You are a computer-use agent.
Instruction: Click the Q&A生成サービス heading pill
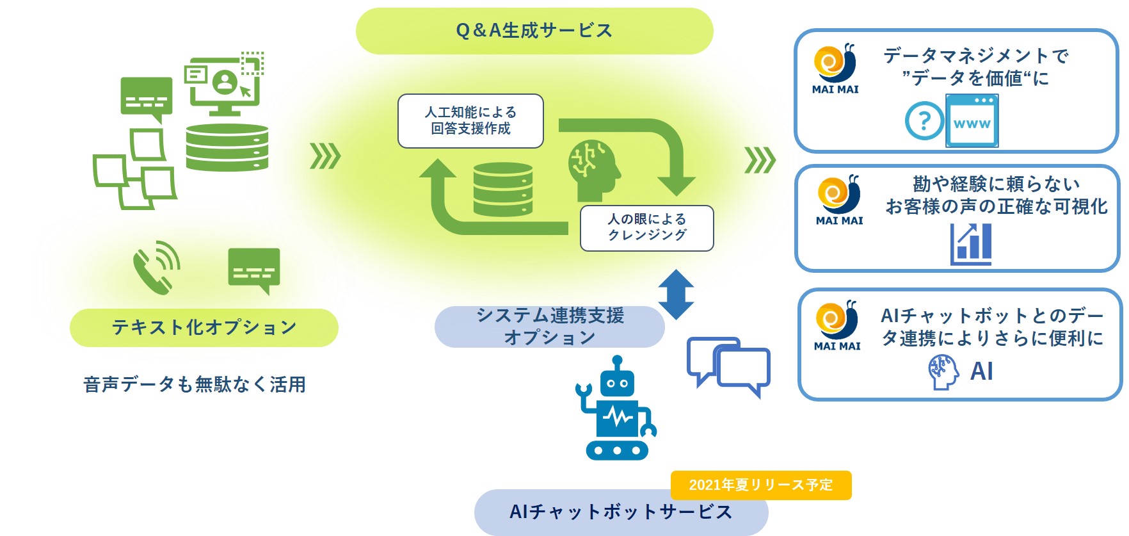tap(534, 31)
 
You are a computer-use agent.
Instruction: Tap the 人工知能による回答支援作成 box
tap(470, 121)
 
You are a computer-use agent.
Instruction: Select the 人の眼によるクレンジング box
tap(646, 228)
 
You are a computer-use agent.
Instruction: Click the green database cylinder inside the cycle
tap(503, 190)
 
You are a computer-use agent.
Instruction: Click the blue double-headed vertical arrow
tap(677, 295)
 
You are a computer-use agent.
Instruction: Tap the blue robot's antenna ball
tap(617, 361)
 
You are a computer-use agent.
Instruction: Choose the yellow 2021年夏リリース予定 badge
tap(760, 485)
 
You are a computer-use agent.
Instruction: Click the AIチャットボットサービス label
tap(620, 512)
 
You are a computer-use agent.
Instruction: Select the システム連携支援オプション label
tap(549, 327)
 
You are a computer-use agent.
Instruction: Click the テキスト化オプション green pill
tap(204, 328)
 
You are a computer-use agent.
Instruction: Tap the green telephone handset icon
tap(156, 268)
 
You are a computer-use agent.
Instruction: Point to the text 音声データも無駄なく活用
tap(195, 384)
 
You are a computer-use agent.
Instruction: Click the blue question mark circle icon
tap(924, 120)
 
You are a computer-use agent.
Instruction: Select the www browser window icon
tap(972, 121)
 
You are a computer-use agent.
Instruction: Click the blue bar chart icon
tap(971, 244)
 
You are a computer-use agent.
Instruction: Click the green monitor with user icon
tap(223, 86)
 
